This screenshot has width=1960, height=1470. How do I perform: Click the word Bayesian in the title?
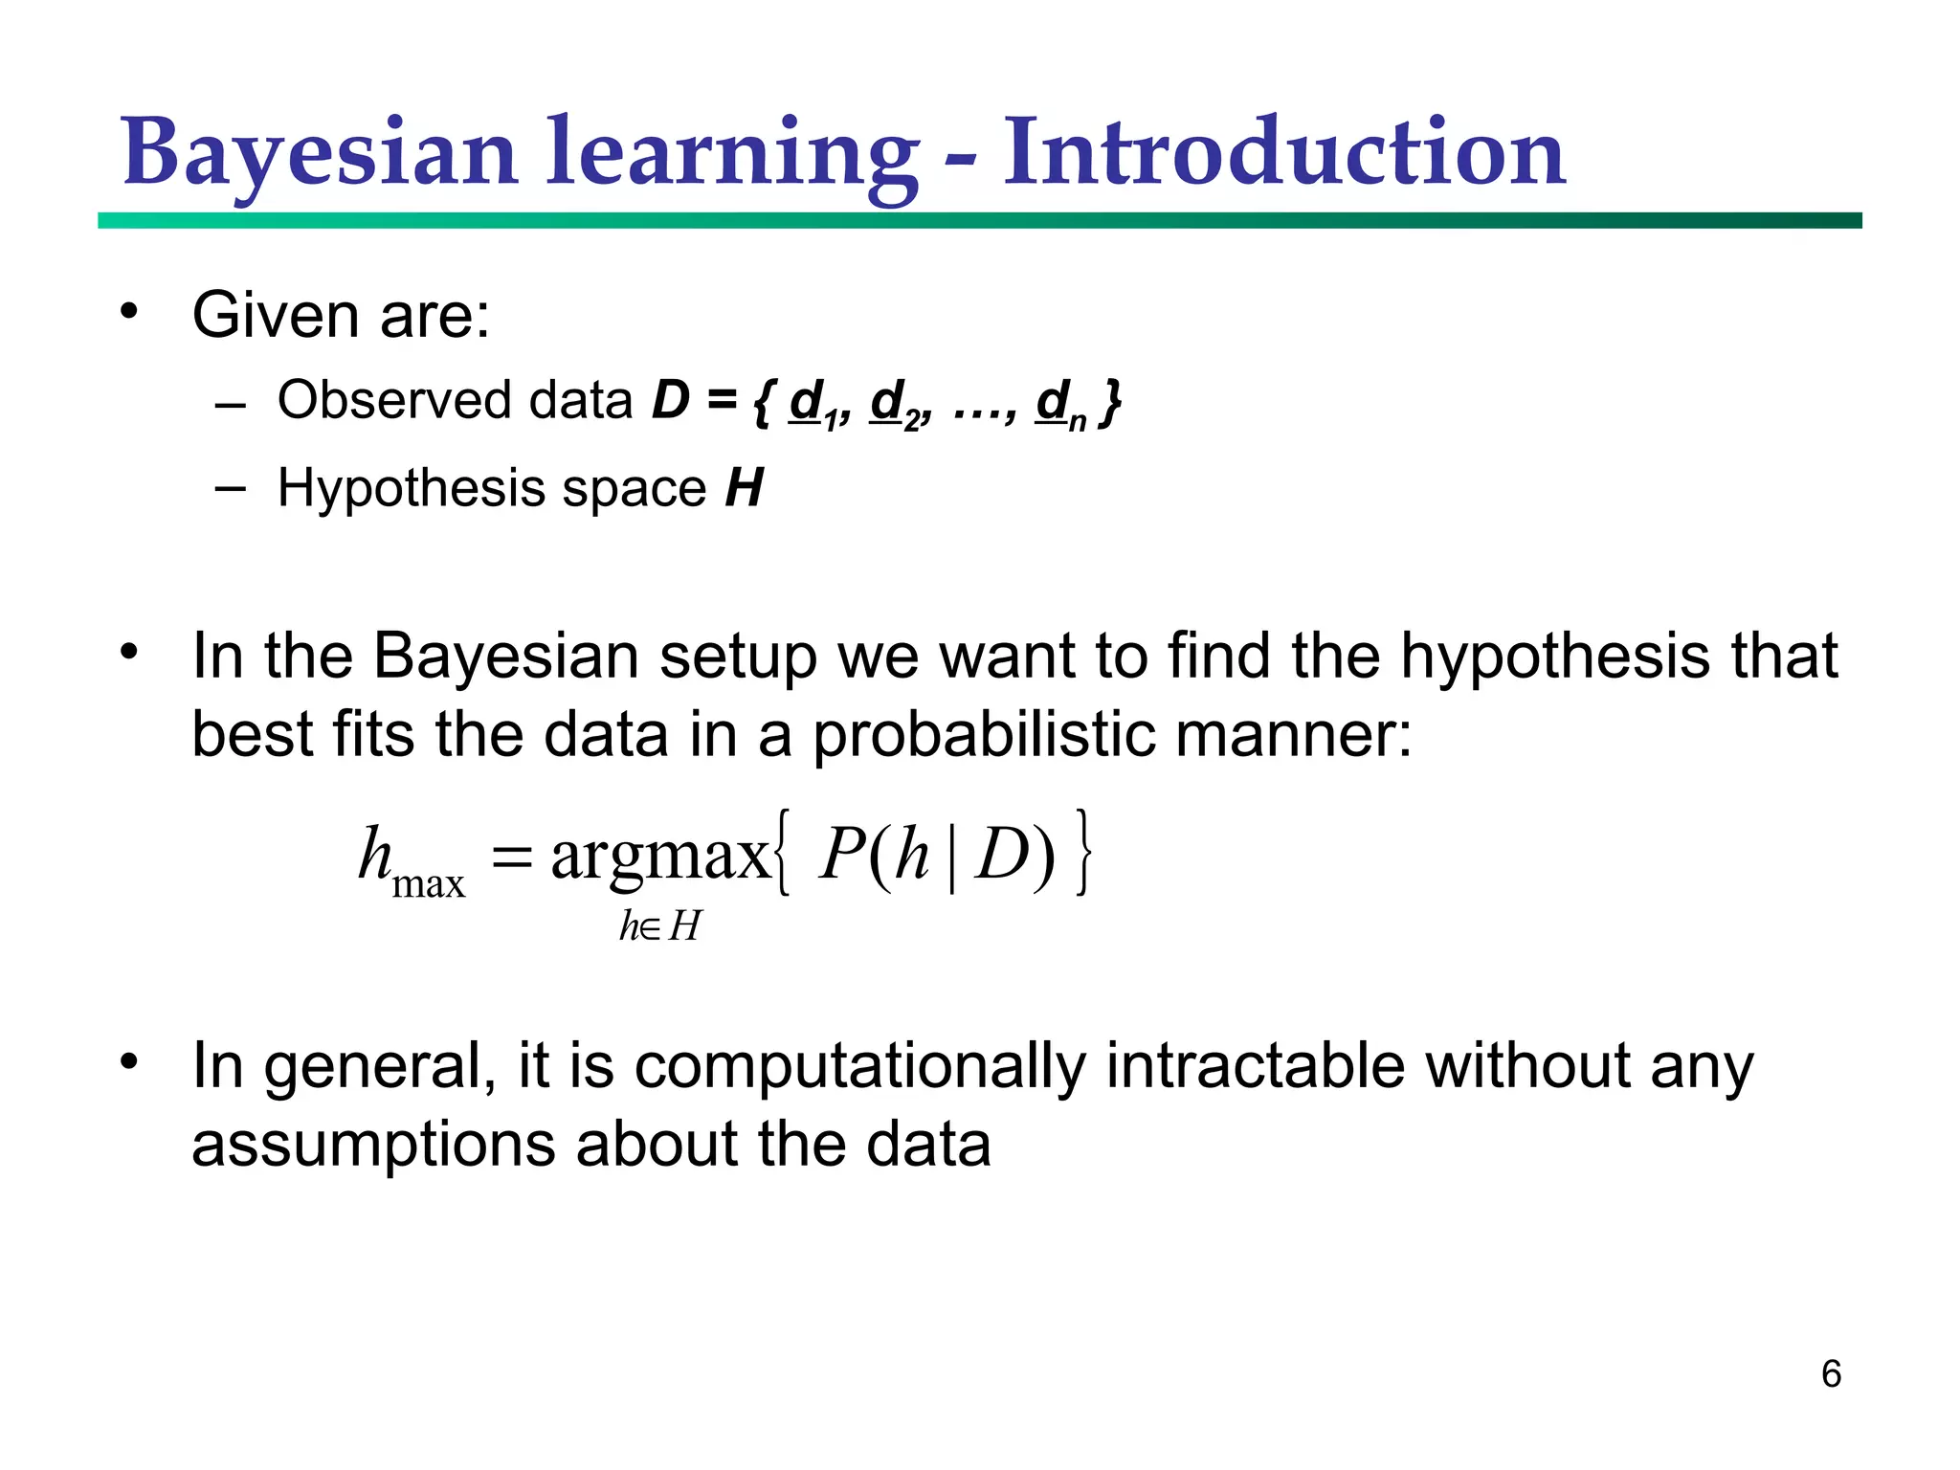point(320,153)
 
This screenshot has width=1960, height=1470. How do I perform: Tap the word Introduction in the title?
point(1283,153)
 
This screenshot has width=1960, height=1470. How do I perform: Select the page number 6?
point(1831,1373)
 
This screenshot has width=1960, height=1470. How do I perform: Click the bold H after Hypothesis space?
point(744,488)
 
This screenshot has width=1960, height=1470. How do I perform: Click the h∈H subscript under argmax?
point(659,926)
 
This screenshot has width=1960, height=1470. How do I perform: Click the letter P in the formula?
point(841,854)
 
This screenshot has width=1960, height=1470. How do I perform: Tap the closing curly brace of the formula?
point(1082,852)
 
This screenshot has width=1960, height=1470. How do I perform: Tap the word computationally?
point(860,1067)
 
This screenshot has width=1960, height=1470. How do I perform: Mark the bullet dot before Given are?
point(129,311)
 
